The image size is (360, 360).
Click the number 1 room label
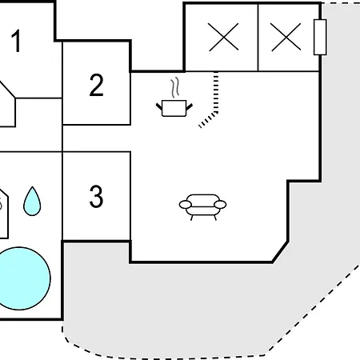tap(16, 41)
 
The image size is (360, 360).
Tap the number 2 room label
tap(96, 85)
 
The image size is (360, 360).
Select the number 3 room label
tap(96, 196)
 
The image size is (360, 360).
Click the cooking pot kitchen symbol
tap(174, 108)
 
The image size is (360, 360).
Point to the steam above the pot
tap(174, 88)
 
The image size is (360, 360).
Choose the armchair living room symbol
tap(202, 207)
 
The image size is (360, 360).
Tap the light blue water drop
tap(32, 201)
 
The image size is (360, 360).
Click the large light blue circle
tap(19, 278)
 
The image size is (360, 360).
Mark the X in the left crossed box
tap(223, 37)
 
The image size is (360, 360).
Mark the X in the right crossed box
tap(286, 37)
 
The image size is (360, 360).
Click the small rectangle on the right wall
tap(320, 37)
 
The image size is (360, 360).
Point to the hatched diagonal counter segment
tap(208, 120)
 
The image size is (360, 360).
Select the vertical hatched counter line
tap(216, 92)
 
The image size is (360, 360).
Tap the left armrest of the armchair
tap(186, 205)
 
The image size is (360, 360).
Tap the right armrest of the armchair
tap(220, 205)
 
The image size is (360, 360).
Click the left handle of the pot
tap(159, 106)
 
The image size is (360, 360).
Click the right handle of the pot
tap(190, 106)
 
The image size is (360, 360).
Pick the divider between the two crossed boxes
tap(258, 38)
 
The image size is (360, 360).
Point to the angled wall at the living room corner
tap(280, 252)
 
